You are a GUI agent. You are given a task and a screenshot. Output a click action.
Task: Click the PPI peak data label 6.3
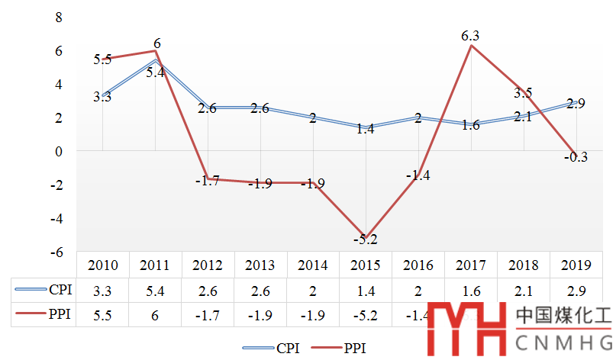pyautogui.click(x=470, y=35)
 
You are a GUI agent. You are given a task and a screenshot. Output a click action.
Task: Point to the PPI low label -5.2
pyautogui.click(x=365, y=239)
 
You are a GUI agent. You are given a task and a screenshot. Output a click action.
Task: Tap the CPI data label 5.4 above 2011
pyautogui.click(x=155, y=73)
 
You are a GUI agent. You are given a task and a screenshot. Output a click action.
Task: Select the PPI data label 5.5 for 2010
pyautogui.click(x=102, y=59)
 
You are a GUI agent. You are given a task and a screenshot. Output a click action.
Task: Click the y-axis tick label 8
pyautogui.click(x=58, y=17)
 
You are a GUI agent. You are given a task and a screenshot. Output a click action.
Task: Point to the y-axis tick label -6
pyautogui.click(x=55, y=252)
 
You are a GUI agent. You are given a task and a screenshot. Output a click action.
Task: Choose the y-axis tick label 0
pyautogui.click(x=58, y=151)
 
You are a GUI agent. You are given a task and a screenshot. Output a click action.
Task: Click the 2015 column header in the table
pyautogui.click(x=365, y=265)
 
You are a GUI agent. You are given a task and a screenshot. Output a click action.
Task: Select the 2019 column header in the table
pyautogui.click(x=576, y=265)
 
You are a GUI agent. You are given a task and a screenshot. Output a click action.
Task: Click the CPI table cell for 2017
pyautogui.click(x=470, y=290)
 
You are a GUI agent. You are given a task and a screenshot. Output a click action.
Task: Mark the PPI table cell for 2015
pyautogui.click(x=365, y=313)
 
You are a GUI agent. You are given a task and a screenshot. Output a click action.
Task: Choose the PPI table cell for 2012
pyautogui.click(x=208, y=313)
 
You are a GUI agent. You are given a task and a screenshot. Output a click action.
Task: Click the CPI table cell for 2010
pyautogui.click(x=102, y=290)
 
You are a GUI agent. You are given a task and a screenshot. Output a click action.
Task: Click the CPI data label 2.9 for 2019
pyautogui.click(x=576, y=104)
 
